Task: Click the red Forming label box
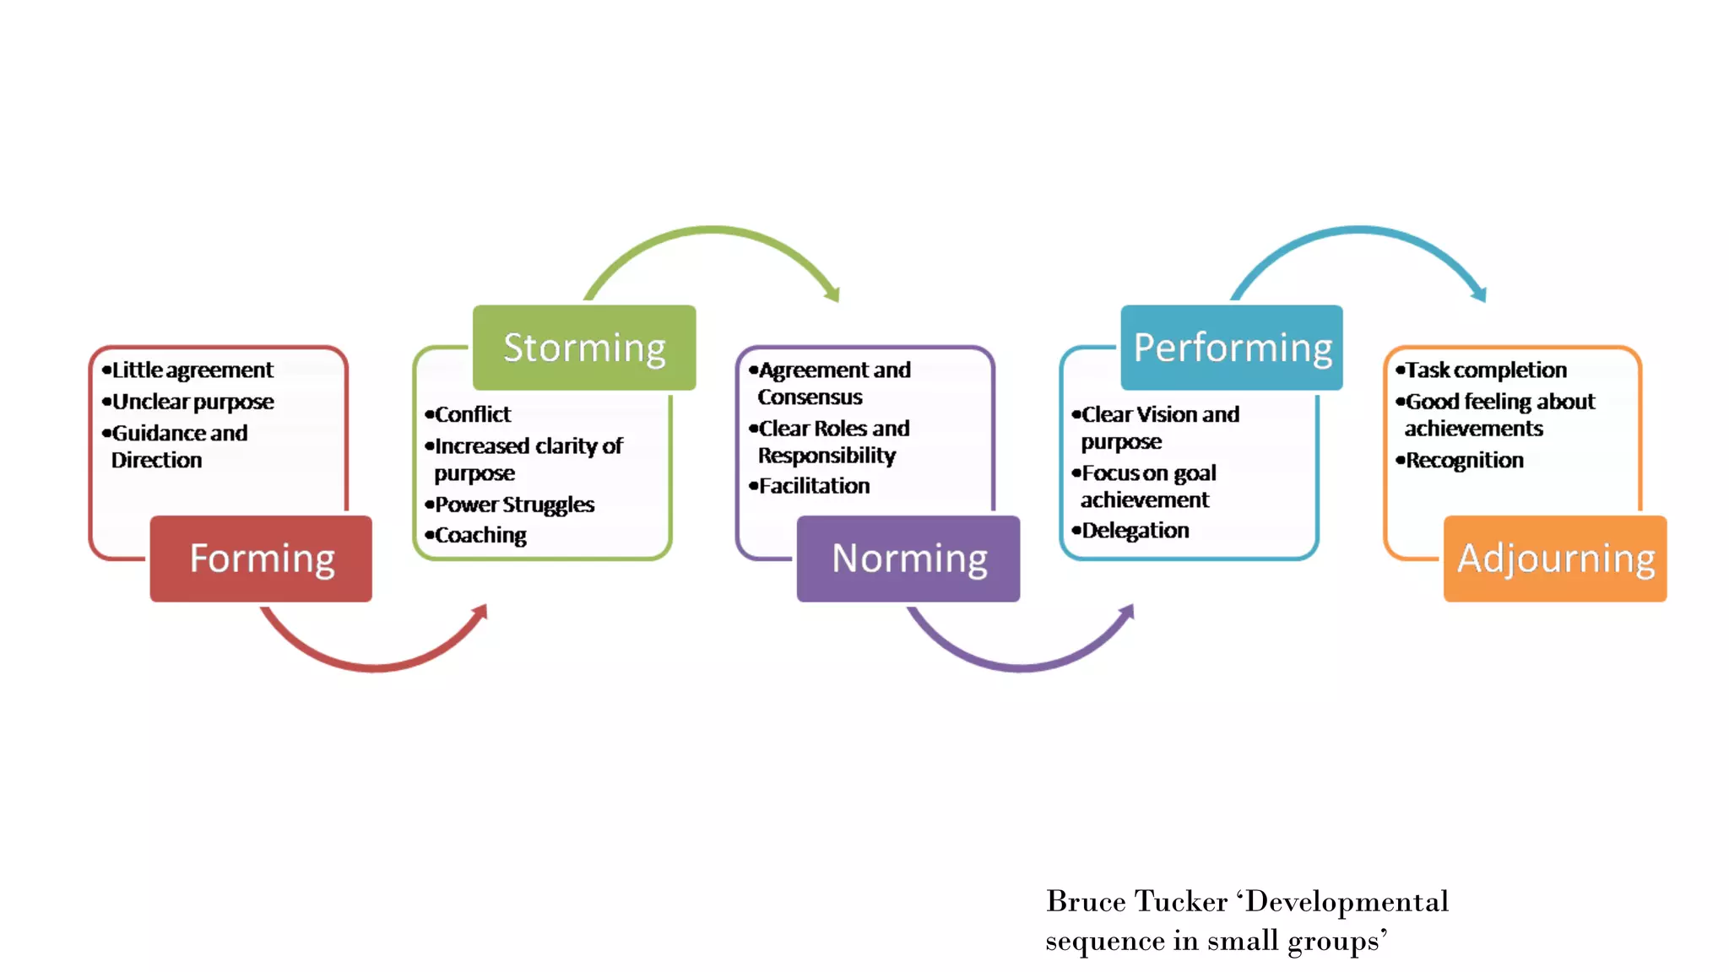261,559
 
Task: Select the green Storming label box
584,348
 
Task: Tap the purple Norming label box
908,559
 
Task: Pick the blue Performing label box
1232,348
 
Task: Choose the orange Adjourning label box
1555,559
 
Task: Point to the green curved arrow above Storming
714,230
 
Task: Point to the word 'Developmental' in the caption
1347,902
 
